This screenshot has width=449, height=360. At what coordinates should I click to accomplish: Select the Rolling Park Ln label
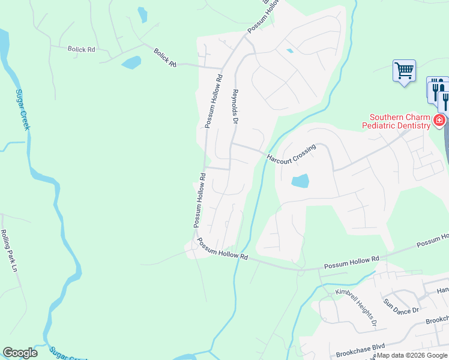coord(9,251)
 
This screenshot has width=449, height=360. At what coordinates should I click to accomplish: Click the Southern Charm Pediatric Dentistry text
coord(400,121)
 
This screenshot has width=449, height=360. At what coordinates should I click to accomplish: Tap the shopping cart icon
coord(404,71)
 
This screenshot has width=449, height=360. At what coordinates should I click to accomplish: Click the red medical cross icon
coord(439,121)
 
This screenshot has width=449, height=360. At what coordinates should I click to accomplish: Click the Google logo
coord(20,353)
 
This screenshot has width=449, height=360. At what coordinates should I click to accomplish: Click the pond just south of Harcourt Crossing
coord(300,180)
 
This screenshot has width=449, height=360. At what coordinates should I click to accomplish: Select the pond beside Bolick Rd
coord(131,62)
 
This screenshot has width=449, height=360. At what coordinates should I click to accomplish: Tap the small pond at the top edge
coord(142,14)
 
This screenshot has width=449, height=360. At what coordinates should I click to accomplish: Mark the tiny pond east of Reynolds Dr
coord(290,51)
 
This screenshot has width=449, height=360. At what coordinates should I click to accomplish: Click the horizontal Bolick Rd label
coord(82,49)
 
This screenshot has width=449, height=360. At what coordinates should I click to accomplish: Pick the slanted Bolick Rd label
coord(164,58)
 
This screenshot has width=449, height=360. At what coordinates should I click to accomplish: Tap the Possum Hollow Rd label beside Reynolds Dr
coord(213,101)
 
